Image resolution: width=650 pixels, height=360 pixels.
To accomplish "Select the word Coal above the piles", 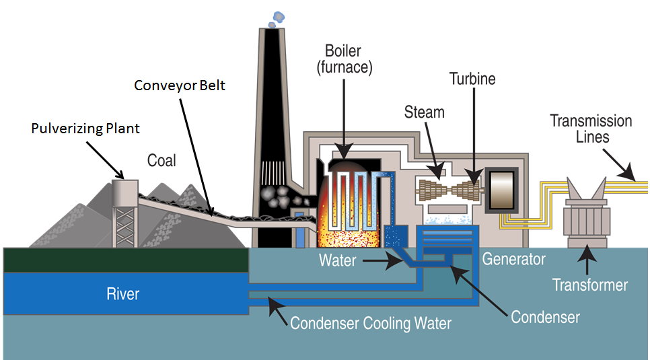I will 161,160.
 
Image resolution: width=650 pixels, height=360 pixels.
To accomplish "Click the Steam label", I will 425,112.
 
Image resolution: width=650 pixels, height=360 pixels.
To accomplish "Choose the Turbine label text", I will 472,79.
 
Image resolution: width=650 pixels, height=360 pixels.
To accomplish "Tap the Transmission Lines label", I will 591,129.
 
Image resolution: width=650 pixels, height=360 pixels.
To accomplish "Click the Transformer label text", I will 590,285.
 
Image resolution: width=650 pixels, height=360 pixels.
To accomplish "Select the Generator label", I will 513,258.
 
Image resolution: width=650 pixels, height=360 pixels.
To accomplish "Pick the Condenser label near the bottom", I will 545,316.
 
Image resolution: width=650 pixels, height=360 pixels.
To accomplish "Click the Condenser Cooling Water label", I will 371,324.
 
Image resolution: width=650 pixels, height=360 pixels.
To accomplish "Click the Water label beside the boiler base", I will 337,260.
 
